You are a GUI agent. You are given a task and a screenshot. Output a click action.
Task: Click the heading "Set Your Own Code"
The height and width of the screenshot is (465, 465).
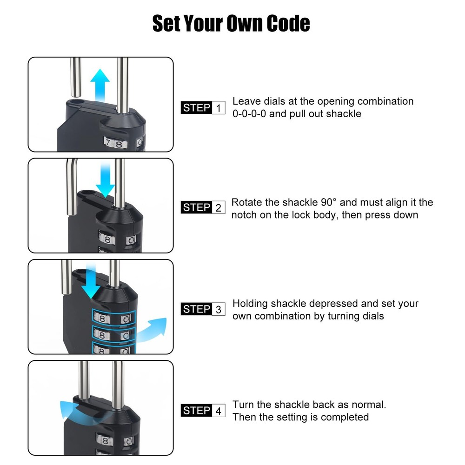231,23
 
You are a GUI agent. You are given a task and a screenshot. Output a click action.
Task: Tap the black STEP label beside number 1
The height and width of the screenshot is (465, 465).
196,108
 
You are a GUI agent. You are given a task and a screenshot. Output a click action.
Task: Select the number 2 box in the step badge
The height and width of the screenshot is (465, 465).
219,208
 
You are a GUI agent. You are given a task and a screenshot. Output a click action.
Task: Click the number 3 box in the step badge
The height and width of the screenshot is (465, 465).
219,309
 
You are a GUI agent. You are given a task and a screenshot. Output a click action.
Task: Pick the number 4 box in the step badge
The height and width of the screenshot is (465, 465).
219,411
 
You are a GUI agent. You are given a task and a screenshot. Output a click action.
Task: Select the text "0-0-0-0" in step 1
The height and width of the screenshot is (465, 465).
249,114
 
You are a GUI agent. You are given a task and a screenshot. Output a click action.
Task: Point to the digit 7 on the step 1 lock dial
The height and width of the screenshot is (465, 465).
109,142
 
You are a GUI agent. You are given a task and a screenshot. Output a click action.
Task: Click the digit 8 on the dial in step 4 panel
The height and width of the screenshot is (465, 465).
106,441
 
